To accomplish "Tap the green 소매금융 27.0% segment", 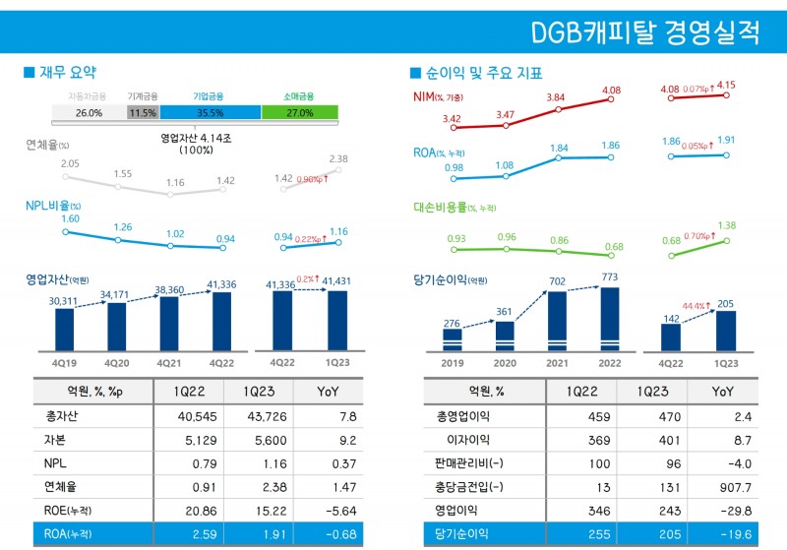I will coord(300,113).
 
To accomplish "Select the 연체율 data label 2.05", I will coord(70,164).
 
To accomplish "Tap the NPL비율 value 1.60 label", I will coord(70,218).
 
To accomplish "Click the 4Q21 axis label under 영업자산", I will coord(169,362).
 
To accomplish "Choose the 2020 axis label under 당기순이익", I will coord(505,362).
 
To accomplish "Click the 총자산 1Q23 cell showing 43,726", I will coord(256,416).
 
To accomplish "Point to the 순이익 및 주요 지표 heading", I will coord(483,73).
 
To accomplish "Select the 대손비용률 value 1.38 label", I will coord(727,225).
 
